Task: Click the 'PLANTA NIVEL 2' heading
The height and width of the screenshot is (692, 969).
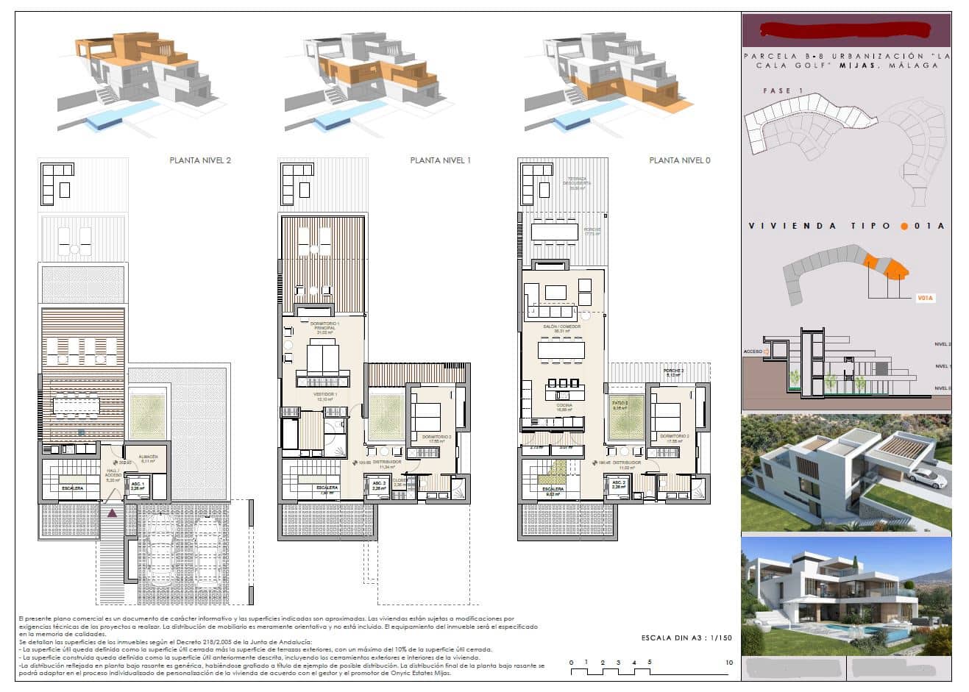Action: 200,160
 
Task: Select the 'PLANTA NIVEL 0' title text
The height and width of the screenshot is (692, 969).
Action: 679,160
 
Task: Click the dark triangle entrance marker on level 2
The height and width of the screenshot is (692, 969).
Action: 113,513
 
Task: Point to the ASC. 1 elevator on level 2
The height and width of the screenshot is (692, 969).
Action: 138,485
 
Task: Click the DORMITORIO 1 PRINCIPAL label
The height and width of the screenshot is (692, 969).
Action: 324,327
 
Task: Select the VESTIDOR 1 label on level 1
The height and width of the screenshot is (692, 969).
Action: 324,396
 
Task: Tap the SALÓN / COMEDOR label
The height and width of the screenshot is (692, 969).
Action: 561,328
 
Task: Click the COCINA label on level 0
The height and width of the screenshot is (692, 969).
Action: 564,407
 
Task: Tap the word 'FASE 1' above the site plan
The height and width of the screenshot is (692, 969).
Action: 778,91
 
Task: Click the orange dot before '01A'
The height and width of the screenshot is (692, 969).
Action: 904,226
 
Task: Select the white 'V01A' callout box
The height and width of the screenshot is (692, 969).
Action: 925,299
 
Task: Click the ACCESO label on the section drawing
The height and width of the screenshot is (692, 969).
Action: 753,352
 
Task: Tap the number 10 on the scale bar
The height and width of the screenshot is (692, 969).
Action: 728,663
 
